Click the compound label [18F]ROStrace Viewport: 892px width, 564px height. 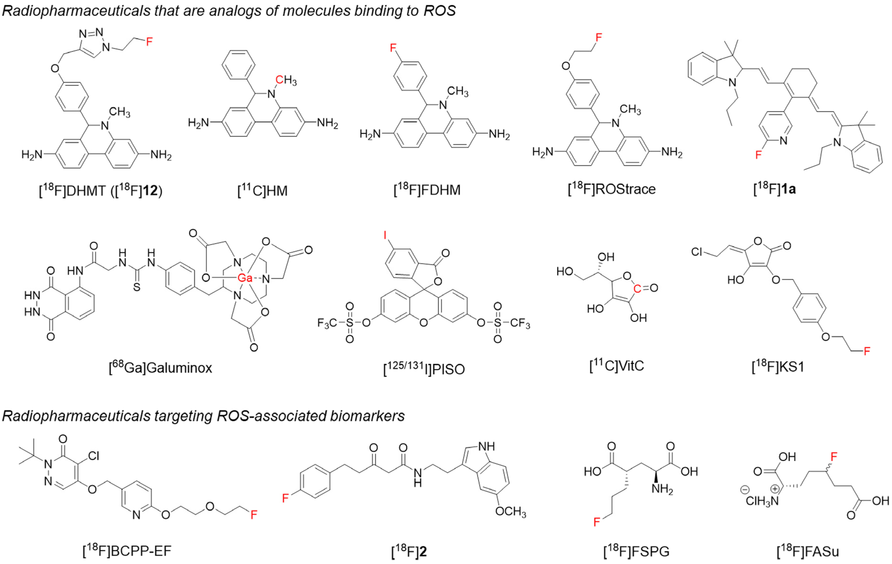(611, 189)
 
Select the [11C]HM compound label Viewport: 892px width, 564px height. (262, 191)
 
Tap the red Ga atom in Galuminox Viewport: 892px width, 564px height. (244, 278)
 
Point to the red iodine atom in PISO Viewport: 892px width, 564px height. (385, 235)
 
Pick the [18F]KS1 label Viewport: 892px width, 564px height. (778, 367)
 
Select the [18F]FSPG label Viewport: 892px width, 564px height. (636, 551)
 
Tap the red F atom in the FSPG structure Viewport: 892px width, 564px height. (597, 522)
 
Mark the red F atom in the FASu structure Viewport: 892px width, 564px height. (833, 457)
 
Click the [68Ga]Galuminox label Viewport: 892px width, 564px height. (160, 368)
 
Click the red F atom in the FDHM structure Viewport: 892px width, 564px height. (393, 47)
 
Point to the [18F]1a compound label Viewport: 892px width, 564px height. (775, 189)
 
